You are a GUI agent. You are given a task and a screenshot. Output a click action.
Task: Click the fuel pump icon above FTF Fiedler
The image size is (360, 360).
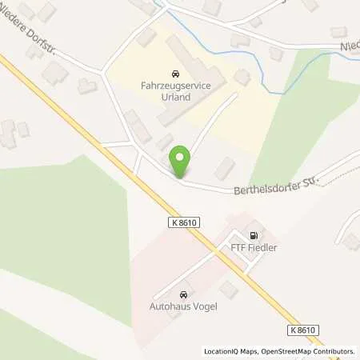click(254, 236)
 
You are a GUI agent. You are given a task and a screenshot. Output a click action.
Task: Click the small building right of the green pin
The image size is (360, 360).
click(226, 168)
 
